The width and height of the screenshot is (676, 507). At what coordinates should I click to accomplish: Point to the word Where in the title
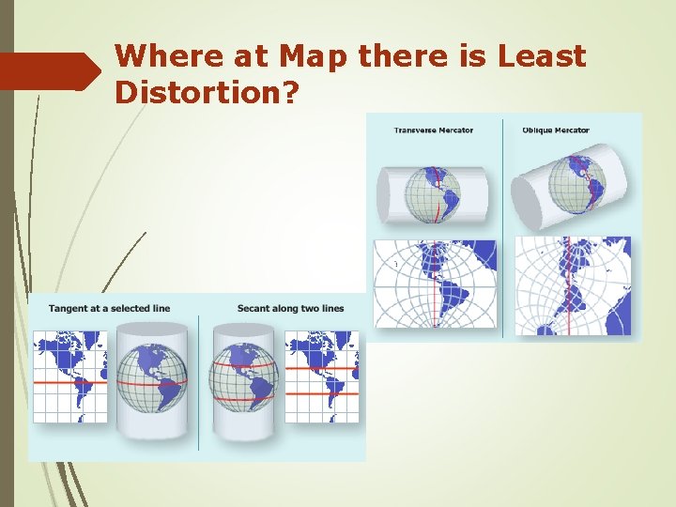(x=158, y=56)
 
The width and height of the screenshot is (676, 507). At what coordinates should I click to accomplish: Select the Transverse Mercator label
(x=434, y=130)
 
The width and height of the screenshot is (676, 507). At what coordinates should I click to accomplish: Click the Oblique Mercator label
(x=556, y=130)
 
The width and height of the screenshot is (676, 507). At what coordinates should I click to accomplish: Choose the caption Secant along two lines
(x=290, y=309)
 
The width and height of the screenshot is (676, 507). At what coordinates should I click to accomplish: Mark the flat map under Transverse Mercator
(x=435, y=284)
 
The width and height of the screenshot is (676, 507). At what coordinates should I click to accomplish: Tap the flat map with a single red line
(x=70, y=376)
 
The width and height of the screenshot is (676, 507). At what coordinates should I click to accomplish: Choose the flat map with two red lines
(x=322, y=376)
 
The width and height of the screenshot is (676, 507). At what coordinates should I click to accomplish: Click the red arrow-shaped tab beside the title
(x=50, y=71)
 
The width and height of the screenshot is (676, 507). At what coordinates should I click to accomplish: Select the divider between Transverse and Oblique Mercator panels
(x=503, y=225)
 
